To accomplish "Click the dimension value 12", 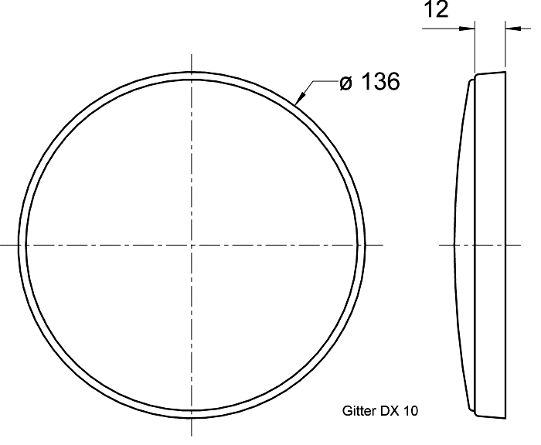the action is (x=436, y=9).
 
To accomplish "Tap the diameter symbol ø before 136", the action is (x=346, y=83).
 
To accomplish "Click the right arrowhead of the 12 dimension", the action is (x=513, y=29).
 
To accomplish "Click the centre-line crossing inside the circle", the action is (x=192, y=245).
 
